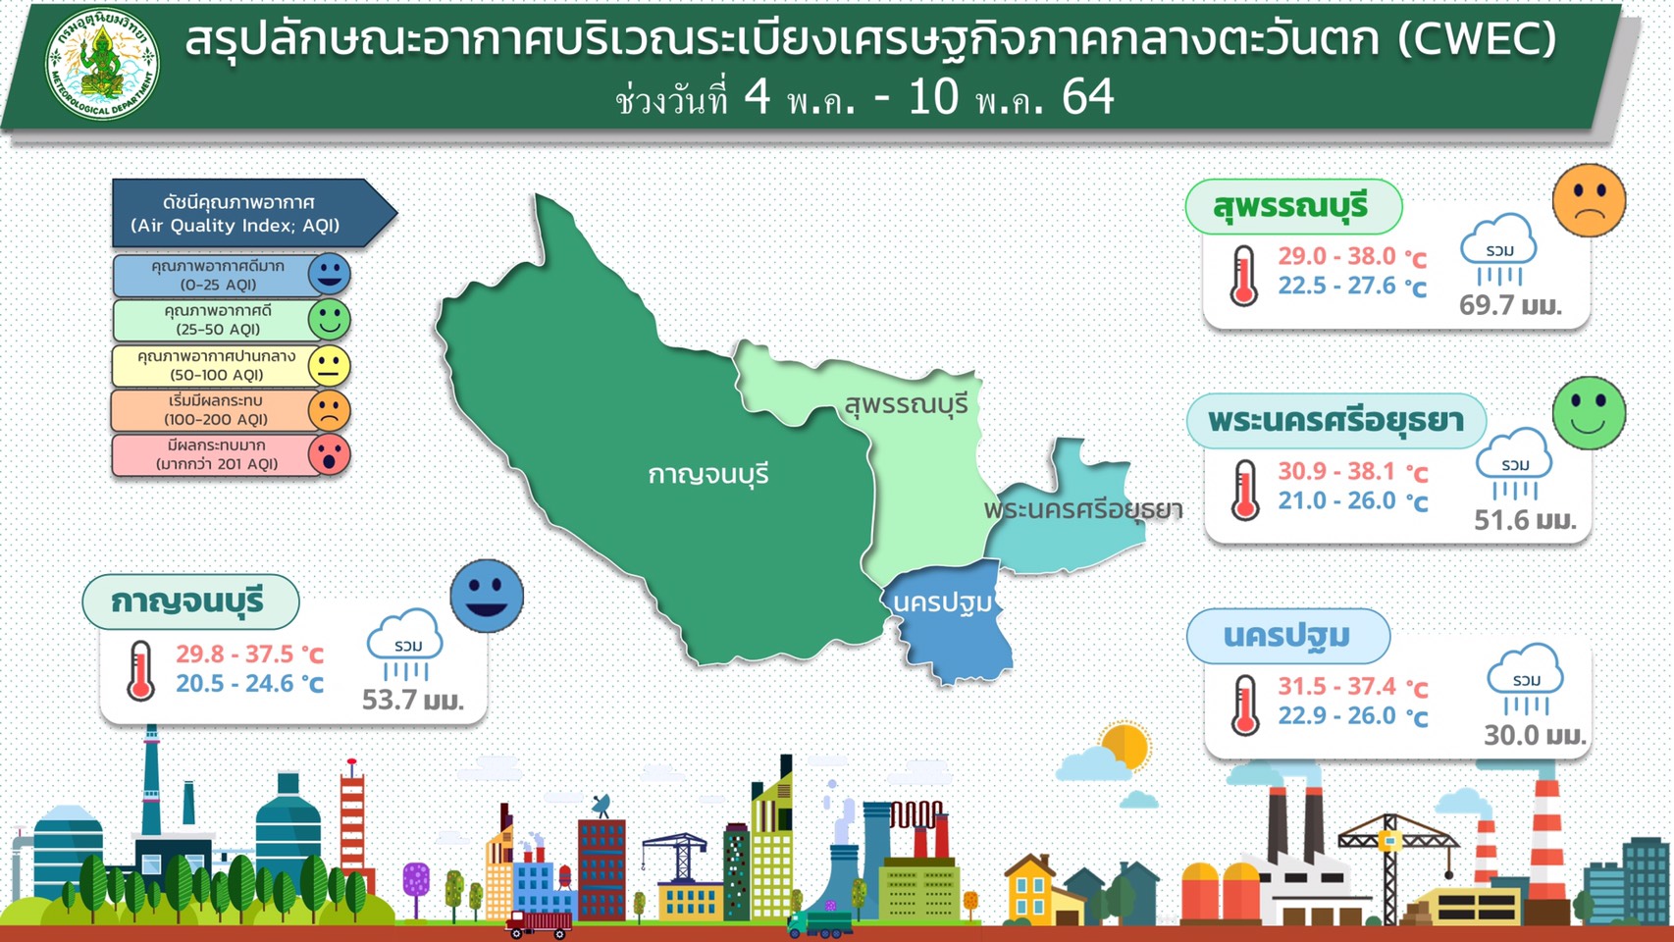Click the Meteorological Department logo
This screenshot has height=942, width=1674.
[x=102, y=65]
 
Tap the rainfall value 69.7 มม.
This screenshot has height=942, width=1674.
[x=1510, y=305]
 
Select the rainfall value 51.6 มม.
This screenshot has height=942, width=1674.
[x=1525, y=520]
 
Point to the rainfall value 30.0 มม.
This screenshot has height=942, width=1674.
[x=1535, y=735]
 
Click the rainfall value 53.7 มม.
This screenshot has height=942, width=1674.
[x=413, y=700]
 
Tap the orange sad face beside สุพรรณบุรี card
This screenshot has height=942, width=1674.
[x=1589, y=200]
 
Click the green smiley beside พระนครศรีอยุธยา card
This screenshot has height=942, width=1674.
[x=1589, y=413]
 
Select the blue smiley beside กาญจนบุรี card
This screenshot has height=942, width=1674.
[x=487, y=596]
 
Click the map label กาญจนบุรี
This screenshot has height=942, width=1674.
[x=707, y=475]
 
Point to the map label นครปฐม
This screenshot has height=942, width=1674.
[x=942, y=603]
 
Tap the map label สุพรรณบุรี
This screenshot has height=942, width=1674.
[x=906, y=405]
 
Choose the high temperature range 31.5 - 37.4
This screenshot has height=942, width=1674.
[x=1337, y=686]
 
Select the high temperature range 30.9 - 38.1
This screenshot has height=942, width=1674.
[x=1336, y=471]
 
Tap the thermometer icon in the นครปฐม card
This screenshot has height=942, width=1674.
[x=1245, y=705]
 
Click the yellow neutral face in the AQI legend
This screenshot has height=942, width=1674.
[x=329, y=366]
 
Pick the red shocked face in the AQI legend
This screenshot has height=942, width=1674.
[x=329, y=454]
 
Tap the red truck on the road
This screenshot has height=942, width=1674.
[x=538, y=924]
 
